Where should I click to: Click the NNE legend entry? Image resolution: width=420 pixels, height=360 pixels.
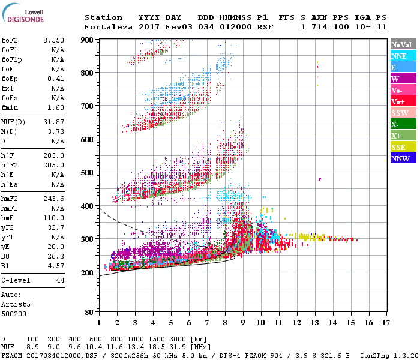[403, 56]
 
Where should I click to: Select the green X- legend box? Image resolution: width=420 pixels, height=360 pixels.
[403, 124]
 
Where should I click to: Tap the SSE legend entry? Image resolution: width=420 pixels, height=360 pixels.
[403, 147]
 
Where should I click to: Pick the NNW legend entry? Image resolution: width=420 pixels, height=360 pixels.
[403, 158]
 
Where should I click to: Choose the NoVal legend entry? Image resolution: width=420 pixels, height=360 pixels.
[403, 44]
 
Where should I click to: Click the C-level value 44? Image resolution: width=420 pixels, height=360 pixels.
[60, 280]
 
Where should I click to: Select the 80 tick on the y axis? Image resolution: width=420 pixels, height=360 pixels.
[89, 313]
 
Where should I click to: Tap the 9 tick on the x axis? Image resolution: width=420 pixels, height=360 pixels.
[243, 323]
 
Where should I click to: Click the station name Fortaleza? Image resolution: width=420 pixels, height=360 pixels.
[108, 27]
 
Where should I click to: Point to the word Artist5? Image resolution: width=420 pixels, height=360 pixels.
[14, 304]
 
